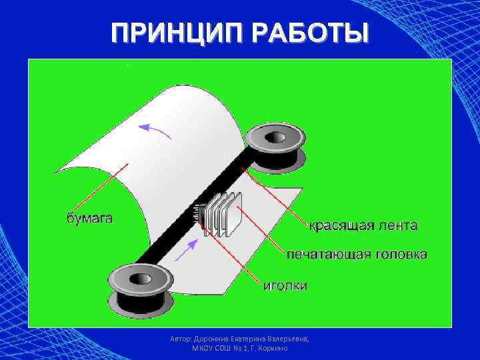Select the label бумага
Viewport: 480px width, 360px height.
tap(89, 217)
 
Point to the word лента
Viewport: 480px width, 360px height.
tap(398, 225)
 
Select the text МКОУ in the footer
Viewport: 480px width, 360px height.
tap(203, 348)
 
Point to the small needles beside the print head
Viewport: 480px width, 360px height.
tap(198, 215)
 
